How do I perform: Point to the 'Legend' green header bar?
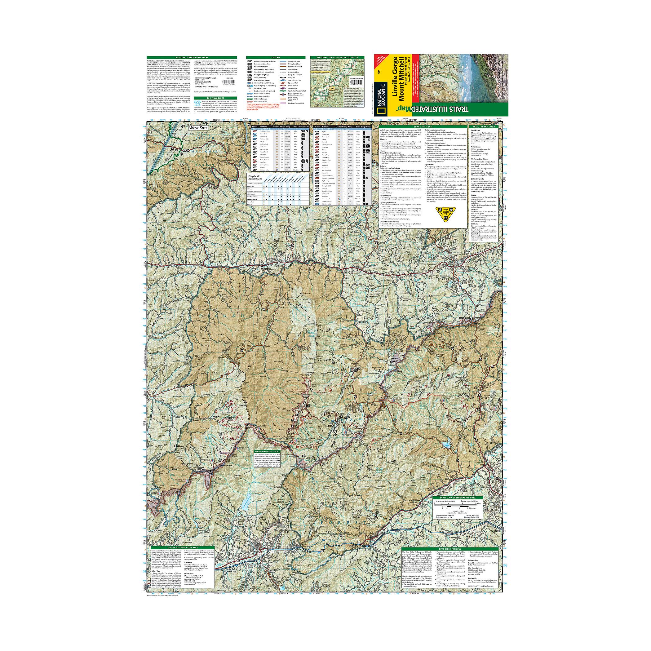pyautogui.click(x=276, y=58)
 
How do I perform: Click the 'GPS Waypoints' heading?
pyautogui.click(x=215, y=98)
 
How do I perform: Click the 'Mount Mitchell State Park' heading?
pyautogui.click(x=182, y=548)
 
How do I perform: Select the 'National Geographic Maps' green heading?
pyautogui.click(x=192, y=58)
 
